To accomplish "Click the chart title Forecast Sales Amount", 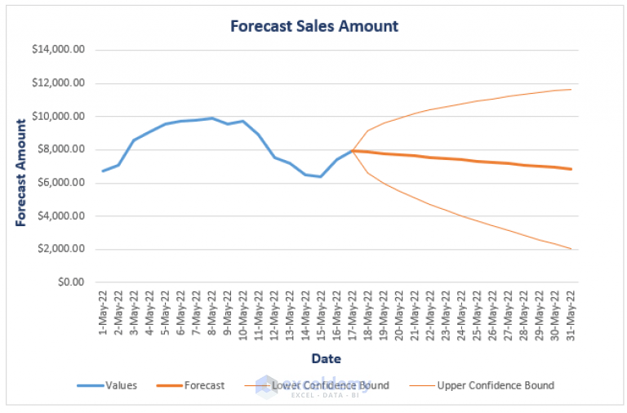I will (x=314, y=26).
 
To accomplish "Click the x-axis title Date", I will (x=326, y=358).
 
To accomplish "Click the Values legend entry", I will (x=121, y=385).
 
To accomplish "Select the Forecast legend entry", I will (x=204, y=385).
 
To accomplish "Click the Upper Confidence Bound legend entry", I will (x=496, y=385).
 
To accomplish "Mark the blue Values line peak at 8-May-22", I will (x=212, y=118).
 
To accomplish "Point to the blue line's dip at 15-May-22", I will (x=322, y=176).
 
